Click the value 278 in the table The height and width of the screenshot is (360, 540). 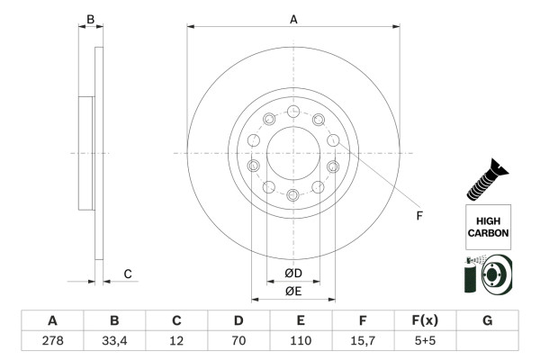click(x=52, y=340)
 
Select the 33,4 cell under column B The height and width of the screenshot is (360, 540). click(x=114, y=340)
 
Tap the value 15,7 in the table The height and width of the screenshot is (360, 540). click(x=362, y=340)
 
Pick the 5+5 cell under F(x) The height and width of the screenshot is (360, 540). click(x=424, y=340)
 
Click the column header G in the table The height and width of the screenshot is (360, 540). click(x=487, y=320)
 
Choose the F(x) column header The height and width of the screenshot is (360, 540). click(x=424, y=320)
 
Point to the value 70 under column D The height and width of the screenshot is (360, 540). click(x=238, y=340)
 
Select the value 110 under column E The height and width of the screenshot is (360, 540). click(x=300, y=340)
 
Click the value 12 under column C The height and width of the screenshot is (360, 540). click(x=176, y=340)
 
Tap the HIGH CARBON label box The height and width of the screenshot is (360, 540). click(x=488, y=226)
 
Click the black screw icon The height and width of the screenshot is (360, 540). click(x=487, y=177)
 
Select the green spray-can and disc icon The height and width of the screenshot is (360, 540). click(x=487, y=274)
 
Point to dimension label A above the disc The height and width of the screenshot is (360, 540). click(x=293, y=18)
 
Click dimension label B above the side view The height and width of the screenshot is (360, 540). click(x=89, y=18)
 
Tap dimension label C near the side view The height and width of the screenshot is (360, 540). click(x=128, y=274)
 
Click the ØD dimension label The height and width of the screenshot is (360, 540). click(x=293, y=273)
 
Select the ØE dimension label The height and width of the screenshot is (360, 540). click(x=293, y=291)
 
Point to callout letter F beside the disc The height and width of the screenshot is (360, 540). click(x=418, y=215)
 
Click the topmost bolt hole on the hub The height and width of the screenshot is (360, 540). click(x=293, y=112)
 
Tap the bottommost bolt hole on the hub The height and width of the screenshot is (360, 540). click(x=293, y=195)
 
